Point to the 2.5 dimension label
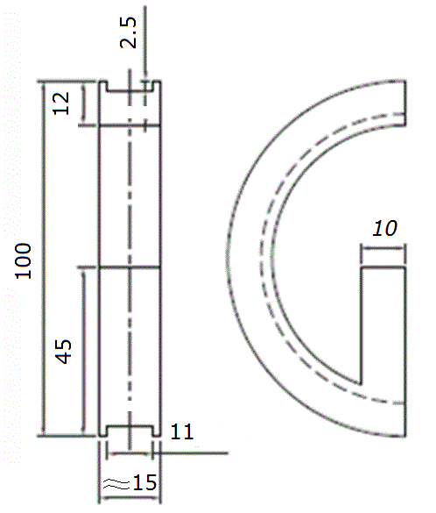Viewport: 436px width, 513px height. tap(130, 41)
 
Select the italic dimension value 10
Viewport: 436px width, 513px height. tap(384, 229)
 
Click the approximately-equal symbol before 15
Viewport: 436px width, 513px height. tap(114, 483)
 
